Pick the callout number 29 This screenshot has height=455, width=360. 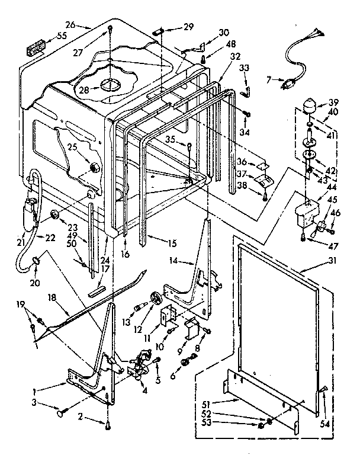click(x=188, y=27)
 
